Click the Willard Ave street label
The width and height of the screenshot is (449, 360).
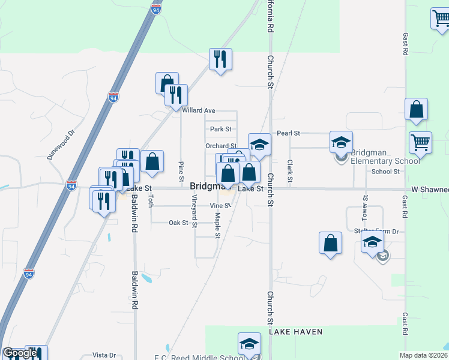pyautogui.click(x=198, y=110)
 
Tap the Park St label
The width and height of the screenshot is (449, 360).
pyautogui.click(x=220, y=129)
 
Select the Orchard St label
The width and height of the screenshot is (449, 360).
pyautogui.click(x=220, y=146)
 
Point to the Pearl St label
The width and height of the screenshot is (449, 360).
pyautogui.click(x=288, y=133)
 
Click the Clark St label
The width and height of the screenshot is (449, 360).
pyautogui.click(x=290, y=171)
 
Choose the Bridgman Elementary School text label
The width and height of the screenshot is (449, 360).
pyautogui.click(x=385, y=157)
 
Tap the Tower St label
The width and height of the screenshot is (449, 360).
pyautogui.click(x=365, y=206)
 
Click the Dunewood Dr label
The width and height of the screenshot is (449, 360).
pyautogui.click(x=62, y=145)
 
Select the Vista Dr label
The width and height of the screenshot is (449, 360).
pyautogui.click(x=104, y=355)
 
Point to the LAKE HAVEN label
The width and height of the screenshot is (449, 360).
pyautogui.click(x=295, y=332)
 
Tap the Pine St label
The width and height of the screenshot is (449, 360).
pyautogui.click(x=181, y=171)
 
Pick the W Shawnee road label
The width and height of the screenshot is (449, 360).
pyautogui.click(x=430, y=190)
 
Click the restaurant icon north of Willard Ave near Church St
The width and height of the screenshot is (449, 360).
pyautogui.click(x=220, y=59)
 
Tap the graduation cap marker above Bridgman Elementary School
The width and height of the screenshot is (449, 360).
pyautogui.click(x=341, y=142)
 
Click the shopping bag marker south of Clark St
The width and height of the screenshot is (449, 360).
pyautogui.click(x=330, y=242)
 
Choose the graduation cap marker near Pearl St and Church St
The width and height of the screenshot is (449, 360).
pyautogui.click(x=259, y=145)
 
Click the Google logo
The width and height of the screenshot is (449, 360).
pyautogui.click(x=20, y=353)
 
